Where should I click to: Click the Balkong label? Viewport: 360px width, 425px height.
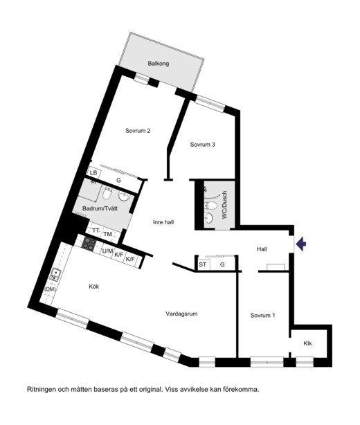(x=159, y=64)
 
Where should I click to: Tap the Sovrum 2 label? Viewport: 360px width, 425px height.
(x=138, y=131)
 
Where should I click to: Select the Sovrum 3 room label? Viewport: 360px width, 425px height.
(x=202, y=145)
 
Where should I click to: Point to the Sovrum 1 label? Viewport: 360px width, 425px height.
(x=262, y=315)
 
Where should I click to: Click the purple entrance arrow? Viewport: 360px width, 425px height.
(x=301, y=244)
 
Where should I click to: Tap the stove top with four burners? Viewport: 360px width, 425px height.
(x=89, y=243)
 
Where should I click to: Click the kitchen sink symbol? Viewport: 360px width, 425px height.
(x=55, y=274)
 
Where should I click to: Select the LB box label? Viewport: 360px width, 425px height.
(x=93, y=172)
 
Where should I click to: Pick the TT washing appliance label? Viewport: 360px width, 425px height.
(x=96, y=230)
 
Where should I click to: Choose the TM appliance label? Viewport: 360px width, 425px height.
(x=108, y=234)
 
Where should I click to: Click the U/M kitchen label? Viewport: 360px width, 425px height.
(x=107, y=251)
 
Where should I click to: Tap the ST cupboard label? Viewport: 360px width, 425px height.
(x=202, y=264)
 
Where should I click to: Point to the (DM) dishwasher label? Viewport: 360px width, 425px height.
(x=50, y=289)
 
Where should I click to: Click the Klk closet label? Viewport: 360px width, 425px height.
(x=307, y=343)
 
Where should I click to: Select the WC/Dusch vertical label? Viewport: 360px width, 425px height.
(x=224, y=205)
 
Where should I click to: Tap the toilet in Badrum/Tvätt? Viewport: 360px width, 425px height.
(x=107, y=192)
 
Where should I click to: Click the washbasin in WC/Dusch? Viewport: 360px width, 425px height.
(x=209, y=217)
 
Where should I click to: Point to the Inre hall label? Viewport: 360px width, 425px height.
(x=163, y=222)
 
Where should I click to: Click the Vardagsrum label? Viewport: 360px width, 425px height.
(x=181, y=314)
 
